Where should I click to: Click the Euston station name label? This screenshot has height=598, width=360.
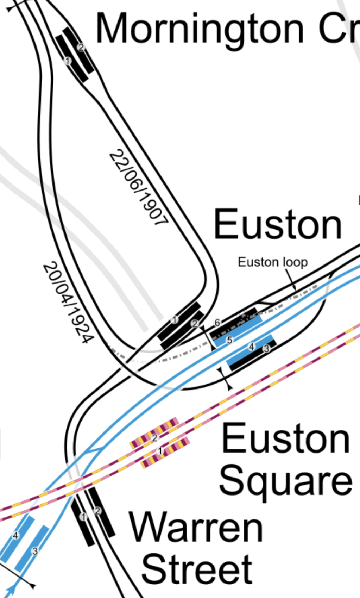278,225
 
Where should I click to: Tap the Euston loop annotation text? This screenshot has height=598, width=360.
272,262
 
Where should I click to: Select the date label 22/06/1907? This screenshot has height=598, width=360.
139,188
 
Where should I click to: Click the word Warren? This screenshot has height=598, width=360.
196,528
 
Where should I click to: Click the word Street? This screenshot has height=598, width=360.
197,569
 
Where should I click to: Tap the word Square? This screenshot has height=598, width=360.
285,481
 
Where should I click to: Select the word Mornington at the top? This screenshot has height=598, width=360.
200,29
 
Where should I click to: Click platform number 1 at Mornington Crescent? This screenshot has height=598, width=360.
68,61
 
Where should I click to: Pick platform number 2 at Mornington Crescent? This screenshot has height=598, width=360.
81,47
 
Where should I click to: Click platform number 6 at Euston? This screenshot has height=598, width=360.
217,322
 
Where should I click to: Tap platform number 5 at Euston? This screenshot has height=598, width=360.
229,340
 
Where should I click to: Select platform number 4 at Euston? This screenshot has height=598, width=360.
251,347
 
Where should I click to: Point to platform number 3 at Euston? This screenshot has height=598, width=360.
266,349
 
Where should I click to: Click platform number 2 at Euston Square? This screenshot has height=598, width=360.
154,438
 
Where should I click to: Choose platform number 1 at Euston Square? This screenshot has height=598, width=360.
160,451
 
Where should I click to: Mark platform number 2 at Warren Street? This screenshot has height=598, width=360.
97,511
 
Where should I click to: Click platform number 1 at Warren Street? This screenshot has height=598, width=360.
83,517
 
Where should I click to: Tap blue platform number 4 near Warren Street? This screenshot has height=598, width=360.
15,536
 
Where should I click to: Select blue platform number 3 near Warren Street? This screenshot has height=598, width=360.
35,551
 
